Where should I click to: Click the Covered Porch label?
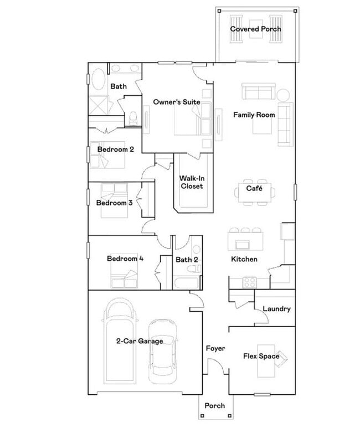click(256, 29)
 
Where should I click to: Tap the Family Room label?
click(254, 115)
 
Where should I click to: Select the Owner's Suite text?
click(177, 102)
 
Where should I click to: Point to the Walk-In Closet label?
click(191, 182)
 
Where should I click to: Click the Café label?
click(254, 189)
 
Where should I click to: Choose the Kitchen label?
click(244, 259)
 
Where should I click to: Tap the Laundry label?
click(276, 309)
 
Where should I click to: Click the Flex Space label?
click(261, 356)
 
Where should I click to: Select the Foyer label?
click(215, 348)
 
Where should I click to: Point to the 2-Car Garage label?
click(140, 341)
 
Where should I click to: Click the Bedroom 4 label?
click(125, 258)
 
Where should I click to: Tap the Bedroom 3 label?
click(114, 203)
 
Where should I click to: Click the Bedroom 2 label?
click(116, 149)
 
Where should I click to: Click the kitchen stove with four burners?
click(249, 281)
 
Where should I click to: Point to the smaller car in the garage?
click(163, 349)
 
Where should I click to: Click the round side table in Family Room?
click(284, 94)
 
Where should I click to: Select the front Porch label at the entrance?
click(215, 406)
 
